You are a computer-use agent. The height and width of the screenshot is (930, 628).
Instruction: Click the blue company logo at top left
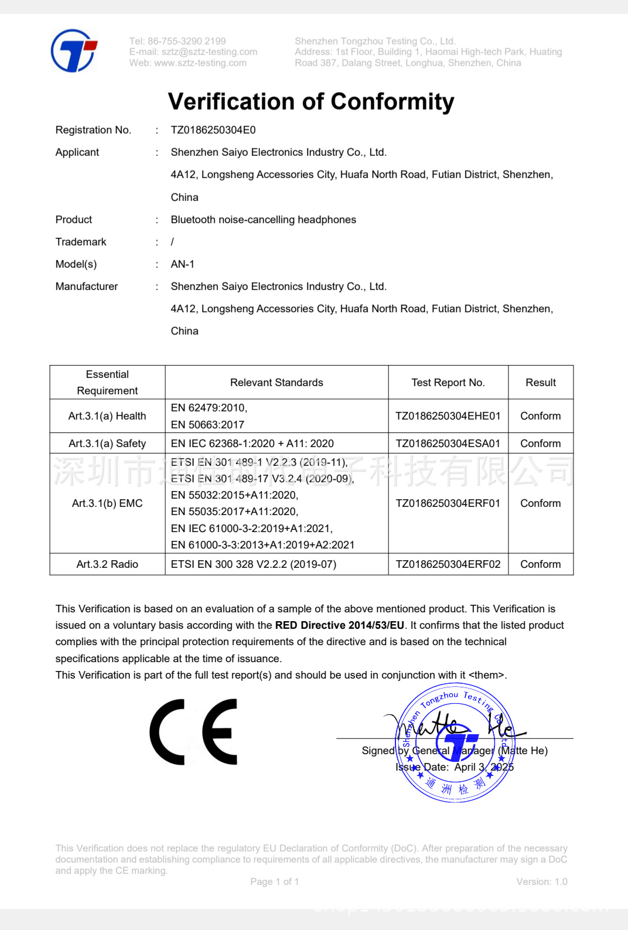click(x=74, y=51)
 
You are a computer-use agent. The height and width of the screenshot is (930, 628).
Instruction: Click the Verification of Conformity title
click(x=310, y=102)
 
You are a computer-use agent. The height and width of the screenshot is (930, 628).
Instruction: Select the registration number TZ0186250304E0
click(x=213, y=130)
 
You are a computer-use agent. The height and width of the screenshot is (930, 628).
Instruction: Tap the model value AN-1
click(x=182, y=264)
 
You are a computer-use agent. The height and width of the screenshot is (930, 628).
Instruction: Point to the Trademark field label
click(x=81, y=242)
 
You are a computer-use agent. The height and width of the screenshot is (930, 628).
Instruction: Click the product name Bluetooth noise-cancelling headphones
click(x=263, y=220)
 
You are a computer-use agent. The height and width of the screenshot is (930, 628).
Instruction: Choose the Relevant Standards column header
click(x=277, y=383)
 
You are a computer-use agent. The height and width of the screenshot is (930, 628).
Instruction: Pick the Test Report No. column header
click(x=448, y=383)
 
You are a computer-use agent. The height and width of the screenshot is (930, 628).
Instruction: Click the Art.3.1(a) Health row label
click(x=107, y=416)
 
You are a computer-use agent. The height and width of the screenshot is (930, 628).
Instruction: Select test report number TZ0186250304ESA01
click(x=448, y=444)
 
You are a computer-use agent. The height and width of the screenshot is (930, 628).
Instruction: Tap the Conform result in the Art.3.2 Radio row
click(x=540, y=564)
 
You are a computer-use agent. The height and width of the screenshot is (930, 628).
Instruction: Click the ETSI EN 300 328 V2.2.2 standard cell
click(x=254, y=564)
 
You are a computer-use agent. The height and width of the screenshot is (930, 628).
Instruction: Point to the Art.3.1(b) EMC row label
click(x=107, y=503)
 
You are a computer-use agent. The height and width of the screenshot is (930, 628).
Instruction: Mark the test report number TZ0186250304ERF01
click(x=448, y=503)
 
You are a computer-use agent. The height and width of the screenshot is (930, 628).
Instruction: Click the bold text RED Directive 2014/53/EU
click(x=340, y=625)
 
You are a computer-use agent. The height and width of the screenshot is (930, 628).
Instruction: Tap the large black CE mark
click(x=194, y=732)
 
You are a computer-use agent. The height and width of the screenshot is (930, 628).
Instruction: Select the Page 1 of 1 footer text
click(x=274, y=882)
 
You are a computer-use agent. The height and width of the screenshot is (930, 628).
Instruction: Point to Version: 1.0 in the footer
click(x=542, y=882)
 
